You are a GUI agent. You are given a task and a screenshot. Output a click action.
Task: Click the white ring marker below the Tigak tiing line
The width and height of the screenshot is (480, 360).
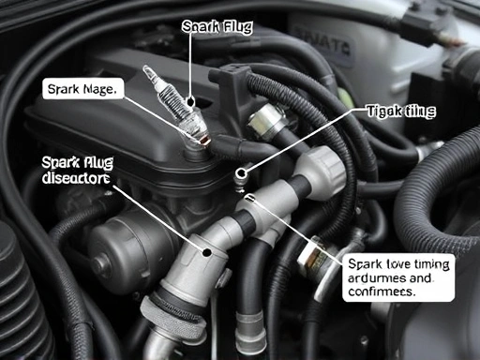click(x=241, y=172)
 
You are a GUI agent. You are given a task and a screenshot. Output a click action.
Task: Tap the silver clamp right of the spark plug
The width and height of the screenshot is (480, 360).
click(x=266, y=120)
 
